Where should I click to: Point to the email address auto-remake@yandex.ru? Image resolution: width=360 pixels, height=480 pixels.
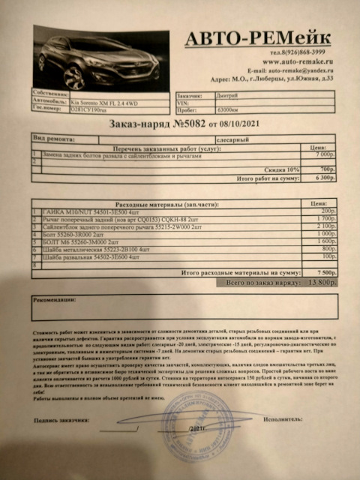pos(300,70)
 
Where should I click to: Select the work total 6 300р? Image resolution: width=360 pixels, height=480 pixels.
pos(327,178)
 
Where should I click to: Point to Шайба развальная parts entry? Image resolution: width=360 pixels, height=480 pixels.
pos(94,257)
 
